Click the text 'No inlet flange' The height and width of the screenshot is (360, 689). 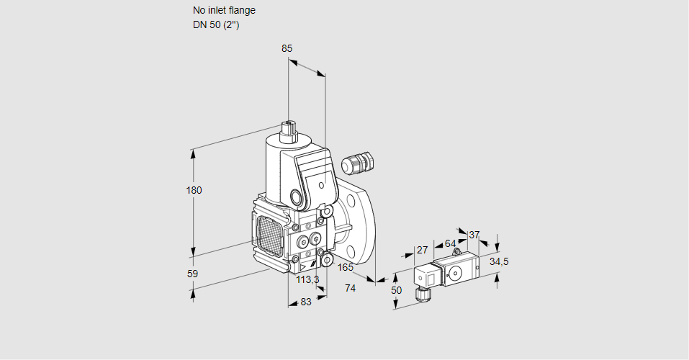[x=224, y=11]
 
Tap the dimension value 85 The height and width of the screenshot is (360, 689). [x=287, y=48]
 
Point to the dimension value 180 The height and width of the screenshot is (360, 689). [x=194, y=190]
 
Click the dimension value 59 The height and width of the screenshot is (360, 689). [x=192, y=274]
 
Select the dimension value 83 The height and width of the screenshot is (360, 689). [x=306, y=302]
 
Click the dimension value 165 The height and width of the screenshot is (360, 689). [x=346, y=268]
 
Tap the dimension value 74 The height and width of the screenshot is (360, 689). [x=351, y=287]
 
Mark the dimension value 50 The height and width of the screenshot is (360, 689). [x=396, y=289]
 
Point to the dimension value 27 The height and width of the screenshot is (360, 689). [x=423, y=250]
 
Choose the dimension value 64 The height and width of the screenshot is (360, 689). [x=450, y=243]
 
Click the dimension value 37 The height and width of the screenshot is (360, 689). [x=474, y=235]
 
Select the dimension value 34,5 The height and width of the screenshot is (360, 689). [x=498, y=261]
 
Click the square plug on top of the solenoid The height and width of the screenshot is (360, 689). [x=289, y=131]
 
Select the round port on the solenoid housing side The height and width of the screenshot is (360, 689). [x=296, y=197]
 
